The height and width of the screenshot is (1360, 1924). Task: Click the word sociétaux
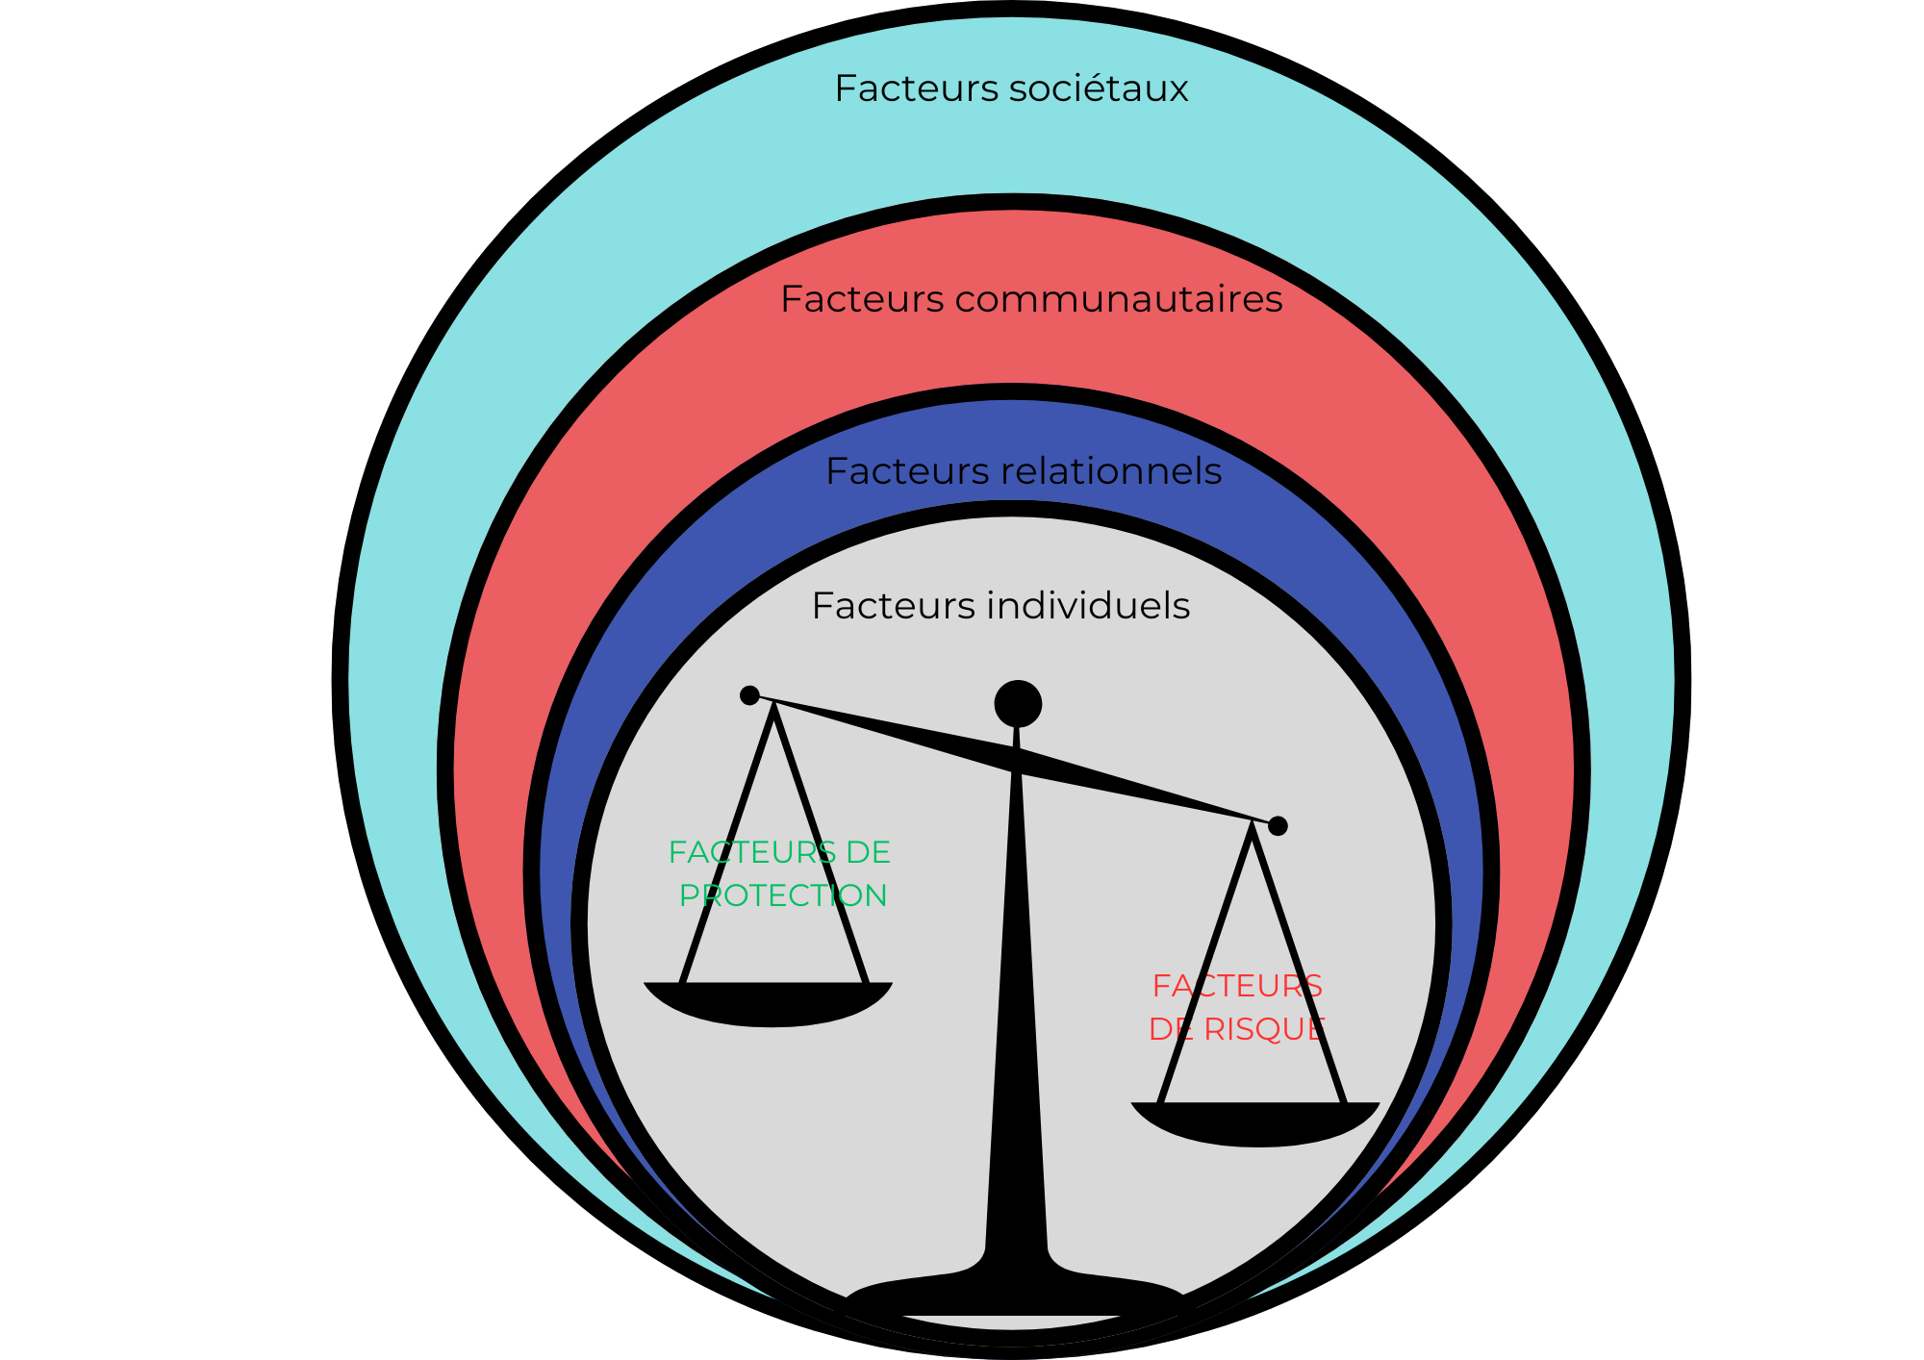coord(1099,88)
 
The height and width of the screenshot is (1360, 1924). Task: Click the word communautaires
coord(1118,299)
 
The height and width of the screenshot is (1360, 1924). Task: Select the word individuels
coord(1088,606)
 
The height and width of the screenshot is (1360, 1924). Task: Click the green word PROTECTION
coord(782,895)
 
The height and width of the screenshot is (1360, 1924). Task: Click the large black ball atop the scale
coord(1018,703)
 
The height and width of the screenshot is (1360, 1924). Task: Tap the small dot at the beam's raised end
coord(749,695)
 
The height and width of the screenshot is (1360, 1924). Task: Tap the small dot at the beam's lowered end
coord(1278,825)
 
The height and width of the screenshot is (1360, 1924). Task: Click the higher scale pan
coord(769,1004)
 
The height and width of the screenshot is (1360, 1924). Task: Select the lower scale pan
coord(1255,1123)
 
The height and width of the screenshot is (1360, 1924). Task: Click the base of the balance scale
coord(1015,1294)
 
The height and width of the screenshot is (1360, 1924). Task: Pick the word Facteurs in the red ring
coord(862,299)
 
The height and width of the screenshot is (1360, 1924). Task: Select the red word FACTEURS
coord(1237,986)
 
